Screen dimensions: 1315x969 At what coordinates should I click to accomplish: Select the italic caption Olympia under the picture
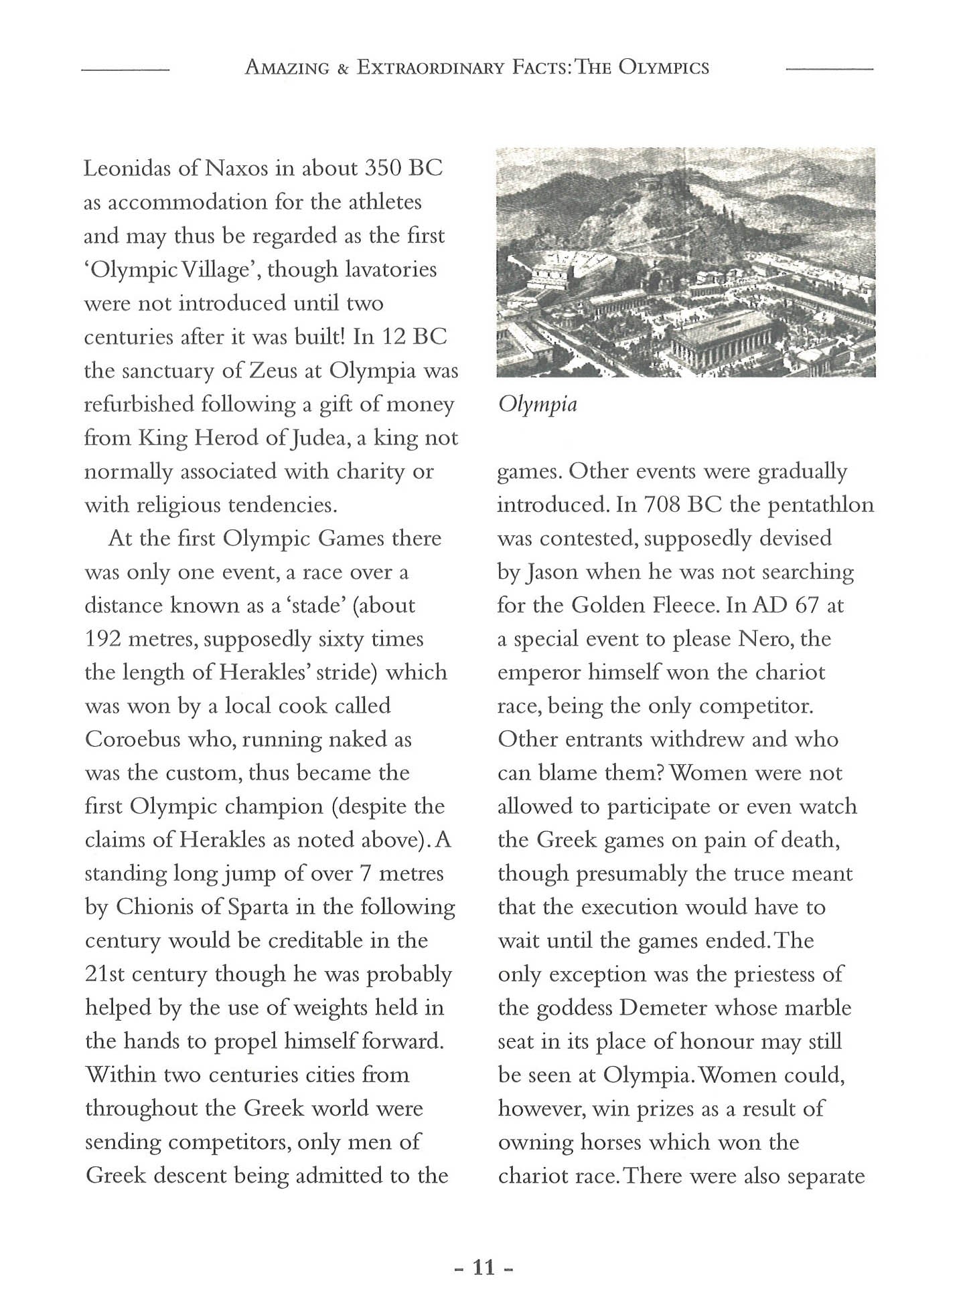tap(537, 404)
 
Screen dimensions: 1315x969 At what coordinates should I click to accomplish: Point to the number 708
tap(662, 505)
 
